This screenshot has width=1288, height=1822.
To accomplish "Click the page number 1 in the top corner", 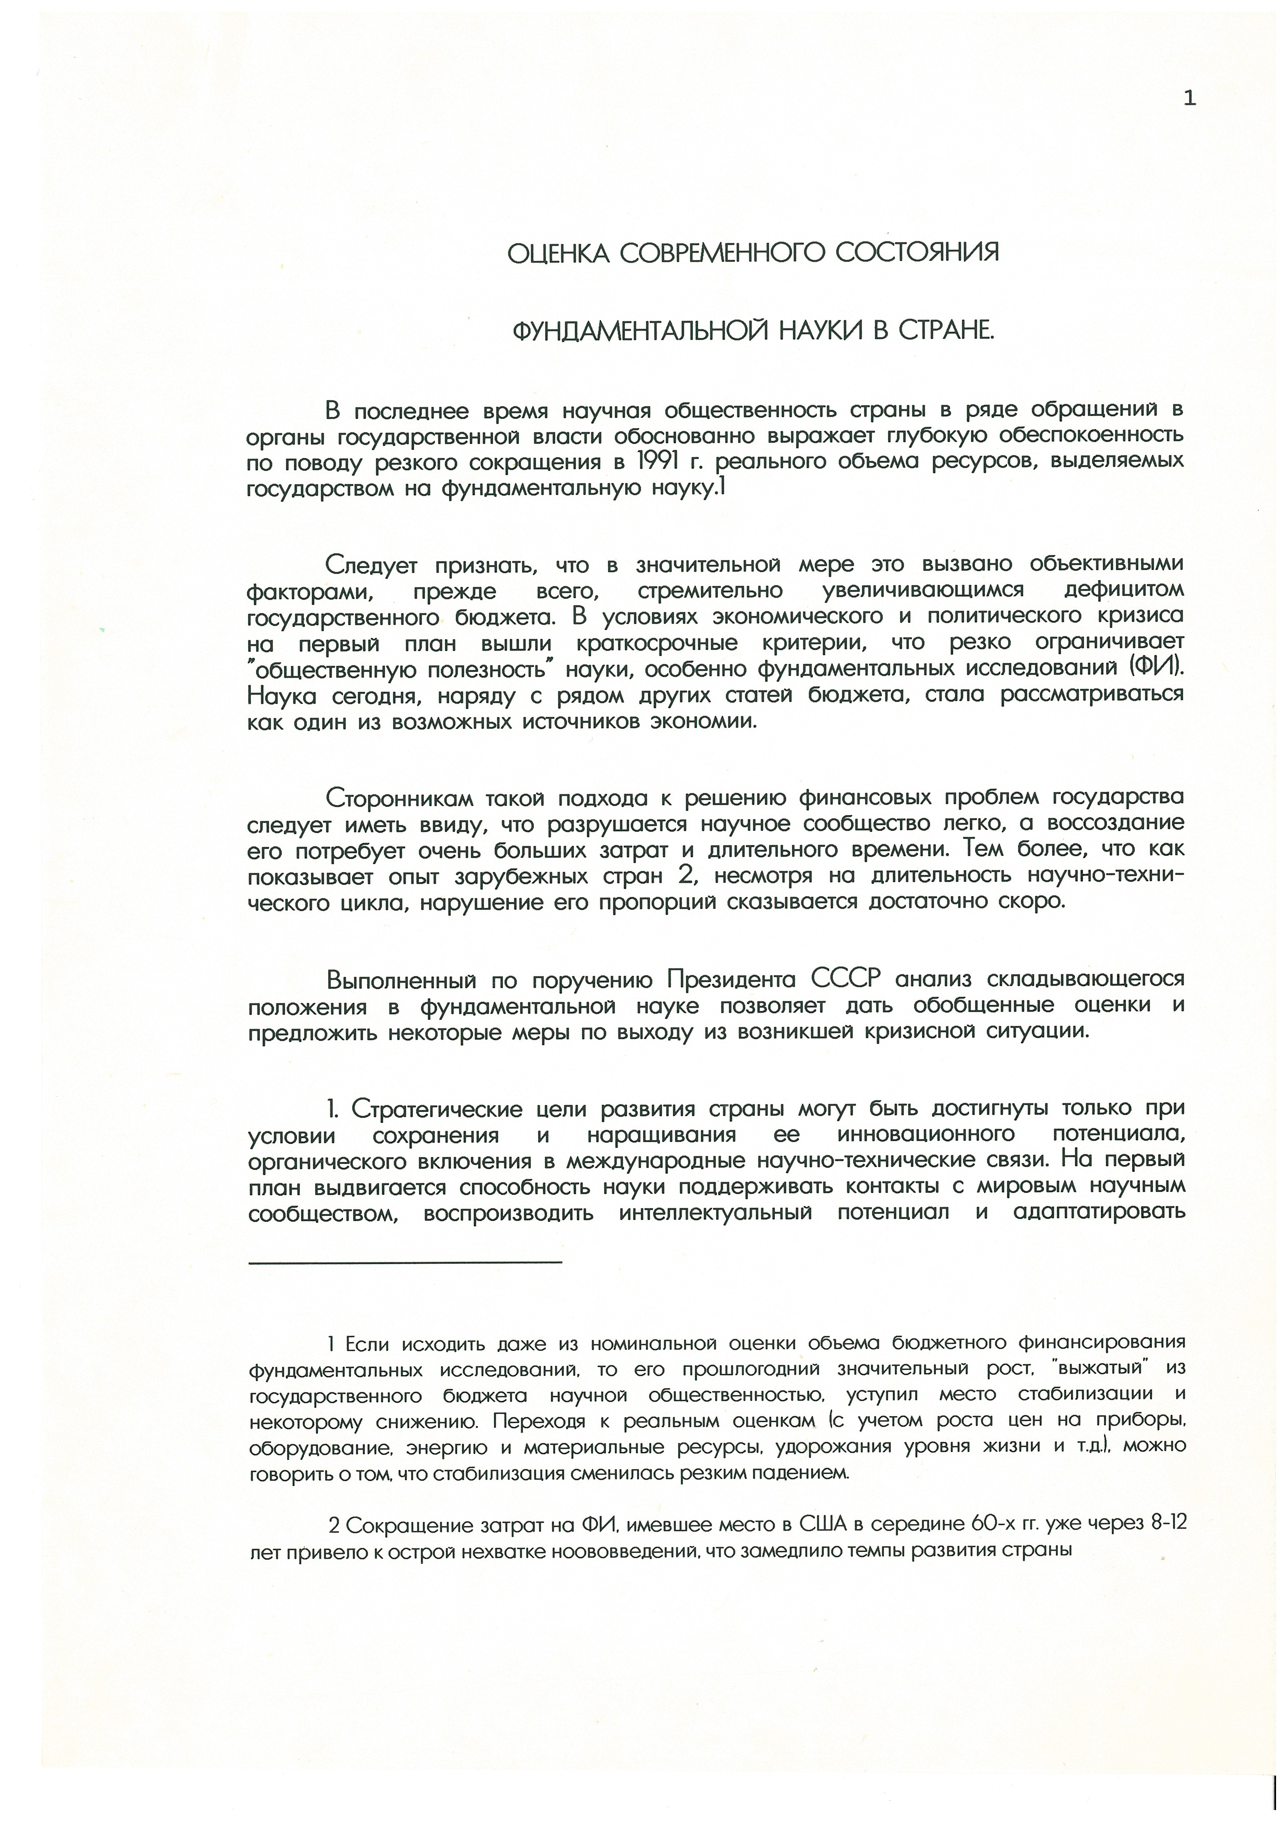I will [1189, 98].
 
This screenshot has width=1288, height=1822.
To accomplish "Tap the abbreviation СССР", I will [846, 979].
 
